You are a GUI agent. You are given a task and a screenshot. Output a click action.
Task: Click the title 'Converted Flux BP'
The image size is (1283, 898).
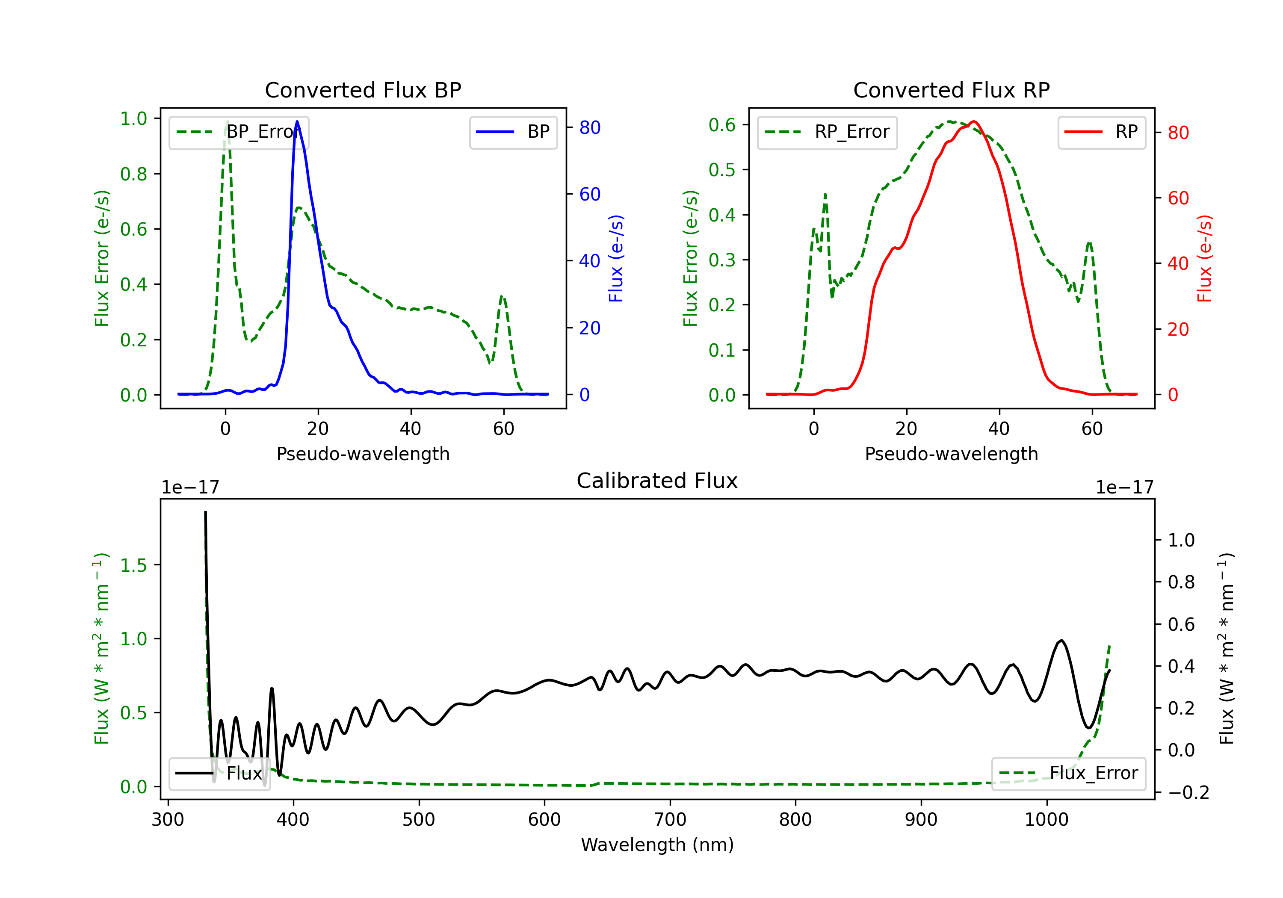[x=363, y=90]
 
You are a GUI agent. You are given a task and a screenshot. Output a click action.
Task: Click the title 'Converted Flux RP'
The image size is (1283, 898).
[x=952, y=90]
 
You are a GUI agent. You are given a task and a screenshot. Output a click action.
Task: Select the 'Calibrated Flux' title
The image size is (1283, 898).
[x=657, y=481]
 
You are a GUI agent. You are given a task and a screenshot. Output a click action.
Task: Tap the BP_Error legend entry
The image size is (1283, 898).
[x=239, y=132]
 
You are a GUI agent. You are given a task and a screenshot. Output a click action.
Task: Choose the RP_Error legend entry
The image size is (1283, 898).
[x=827, y=132]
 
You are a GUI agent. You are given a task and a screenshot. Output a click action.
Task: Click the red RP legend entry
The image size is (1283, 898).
[x=1101, y=132]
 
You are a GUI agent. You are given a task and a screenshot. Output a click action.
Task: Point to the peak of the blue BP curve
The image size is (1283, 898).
[x=297, y=121]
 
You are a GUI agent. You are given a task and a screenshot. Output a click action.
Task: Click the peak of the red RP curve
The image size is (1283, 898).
[x=974, y=121]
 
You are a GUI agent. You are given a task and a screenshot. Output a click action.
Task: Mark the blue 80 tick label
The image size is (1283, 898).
[x=590, y=127]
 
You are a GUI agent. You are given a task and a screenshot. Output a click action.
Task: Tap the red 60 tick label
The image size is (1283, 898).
[x=1179, y=198]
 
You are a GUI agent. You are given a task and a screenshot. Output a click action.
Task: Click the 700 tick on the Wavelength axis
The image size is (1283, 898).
[x=670, y=820]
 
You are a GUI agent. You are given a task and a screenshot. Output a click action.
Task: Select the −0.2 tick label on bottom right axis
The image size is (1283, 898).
[x=1188, y=792]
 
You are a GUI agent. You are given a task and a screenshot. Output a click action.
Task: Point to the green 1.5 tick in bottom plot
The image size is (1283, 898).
[x=133, y=565]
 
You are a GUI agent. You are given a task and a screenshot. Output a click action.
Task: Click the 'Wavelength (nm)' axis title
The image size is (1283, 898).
[x=657, y=845]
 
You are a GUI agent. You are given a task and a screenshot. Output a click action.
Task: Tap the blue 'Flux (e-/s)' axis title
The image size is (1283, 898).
[x=616, y=259]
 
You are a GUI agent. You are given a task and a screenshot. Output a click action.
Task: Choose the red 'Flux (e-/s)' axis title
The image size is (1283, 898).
[x=1205, y=259]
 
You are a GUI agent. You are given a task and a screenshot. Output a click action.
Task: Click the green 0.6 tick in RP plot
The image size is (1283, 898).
[x=722, y=124]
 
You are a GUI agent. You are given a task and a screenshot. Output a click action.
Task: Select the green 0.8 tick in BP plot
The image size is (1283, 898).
[x=133, y=174]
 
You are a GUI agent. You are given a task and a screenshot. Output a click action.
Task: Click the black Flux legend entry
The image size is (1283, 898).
[x=219, y=774]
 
